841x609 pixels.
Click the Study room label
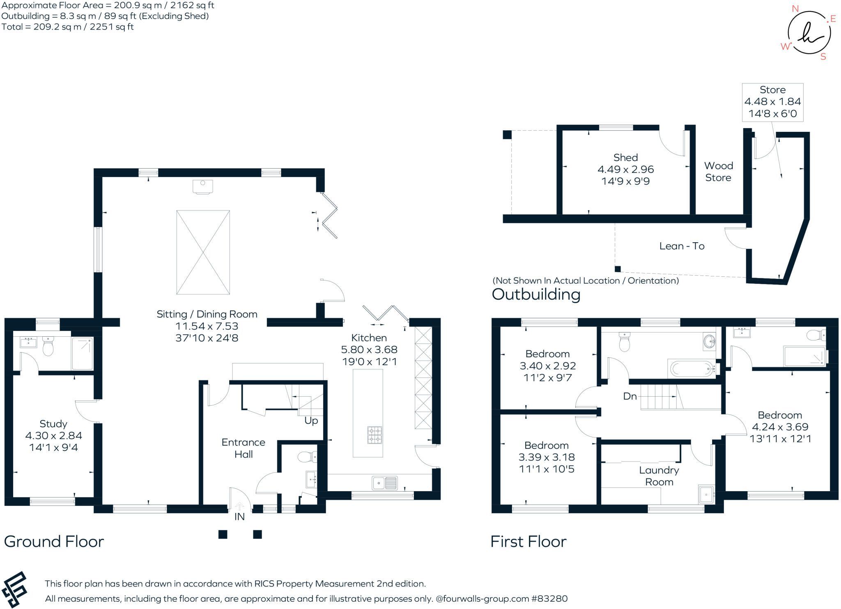[53, 424]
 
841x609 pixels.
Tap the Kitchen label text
[369, 338]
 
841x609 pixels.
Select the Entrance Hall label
[243, 448]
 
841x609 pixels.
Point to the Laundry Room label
[659, 476]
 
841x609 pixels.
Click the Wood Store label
[718, 172]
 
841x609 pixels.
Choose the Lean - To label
[682, 246]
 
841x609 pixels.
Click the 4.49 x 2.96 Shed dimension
[625, 169]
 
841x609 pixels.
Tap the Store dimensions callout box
[772, 102]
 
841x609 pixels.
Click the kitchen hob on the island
[375, 435]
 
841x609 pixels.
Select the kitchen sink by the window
[385, 483]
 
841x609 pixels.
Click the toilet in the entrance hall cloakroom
[307, 457]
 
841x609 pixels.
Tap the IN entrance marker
[239, 517]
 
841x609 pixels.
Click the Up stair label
[311, 421]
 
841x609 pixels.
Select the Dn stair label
[630, 396]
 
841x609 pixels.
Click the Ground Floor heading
[54, 541]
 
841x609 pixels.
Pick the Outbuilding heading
[536, 294]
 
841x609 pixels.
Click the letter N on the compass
[795, 9]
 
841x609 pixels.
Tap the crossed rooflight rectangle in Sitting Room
[203, 252]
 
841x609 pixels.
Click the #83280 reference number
[549, 598]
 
